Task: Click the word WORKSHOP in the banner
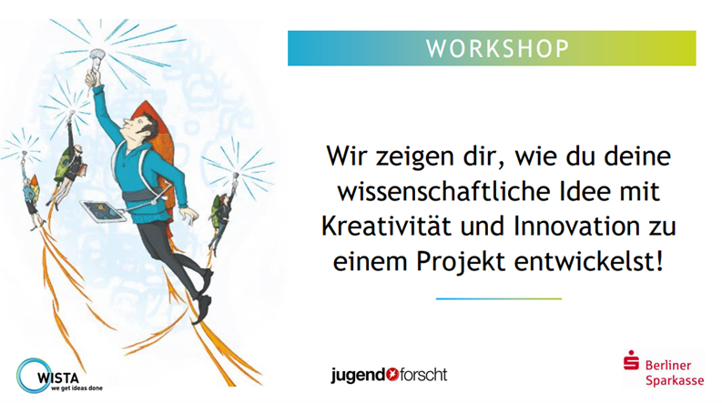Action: coord(497,49)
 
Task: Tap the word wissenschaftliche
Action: coord(443,191)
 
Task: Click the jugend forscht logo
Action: coord(389,376)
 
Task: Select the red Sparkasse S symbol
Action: coord(631,360)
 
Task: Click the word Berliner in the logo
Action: coord(668,366)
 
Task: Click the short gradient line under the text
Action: coord(499,299)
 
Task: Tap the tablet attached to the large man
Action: coord(103,212)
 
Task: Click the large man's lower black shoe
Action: coord(202,309)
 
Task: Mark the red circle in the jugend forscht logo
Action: coord(392,375)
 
